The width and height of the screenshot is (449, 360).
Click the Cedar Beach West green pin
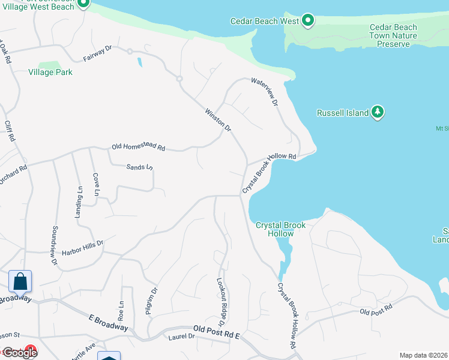(308, 21)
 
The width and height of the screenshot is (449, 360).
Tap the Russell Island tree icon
(378, 112)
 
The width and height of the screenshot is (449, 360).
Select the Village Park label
(50, 72)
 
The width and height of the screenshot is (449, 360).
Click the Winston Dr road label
(218, 119)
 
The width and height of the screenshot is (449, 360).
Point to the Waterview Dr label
(265, 92)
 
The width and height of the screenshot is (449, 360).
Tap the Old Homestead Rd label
(138, 148)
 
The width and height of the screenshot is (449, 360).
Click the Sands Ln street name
(140, 167)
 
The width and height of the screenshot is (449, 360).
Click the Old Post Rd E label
(216, 331)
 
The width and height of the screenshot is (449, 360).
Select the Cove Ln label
(95, 185)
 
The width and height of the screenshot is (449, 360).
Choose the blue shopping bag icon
(20, 281)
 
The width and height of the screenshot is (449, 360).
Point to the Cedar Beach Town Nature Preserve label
(393, 35)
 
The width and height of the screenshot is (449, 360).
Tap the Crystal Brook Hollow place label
(280, 229)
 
